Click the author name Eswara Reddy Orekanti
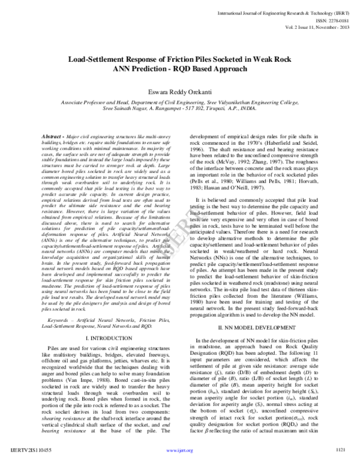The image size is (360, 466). pos(179,93)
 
